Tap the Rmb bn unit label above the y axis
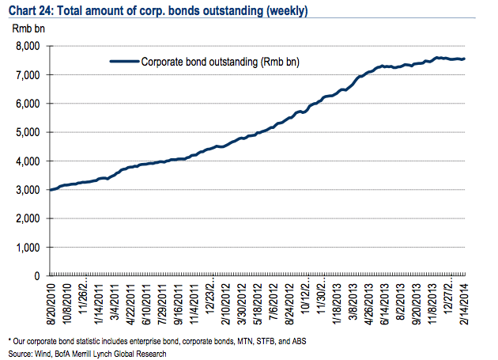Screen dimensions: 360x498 tap(28, 28)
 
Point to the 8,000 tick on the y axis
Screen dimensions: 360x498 tap(28, 46)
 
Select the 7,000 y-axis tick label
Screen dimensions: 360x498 tap(28, 74)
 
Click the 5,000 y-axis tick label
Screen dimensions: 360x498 tap(28, 132)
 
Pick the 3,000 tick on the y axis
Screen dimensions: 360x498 tap(28, 190)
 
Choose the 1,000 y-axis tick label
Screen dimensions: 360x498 tap(28, 247)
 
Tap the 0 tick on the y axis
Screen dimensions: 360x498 tap(37, 276)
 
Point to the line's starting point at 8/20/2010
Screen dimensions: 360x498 tap(51, 190)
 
